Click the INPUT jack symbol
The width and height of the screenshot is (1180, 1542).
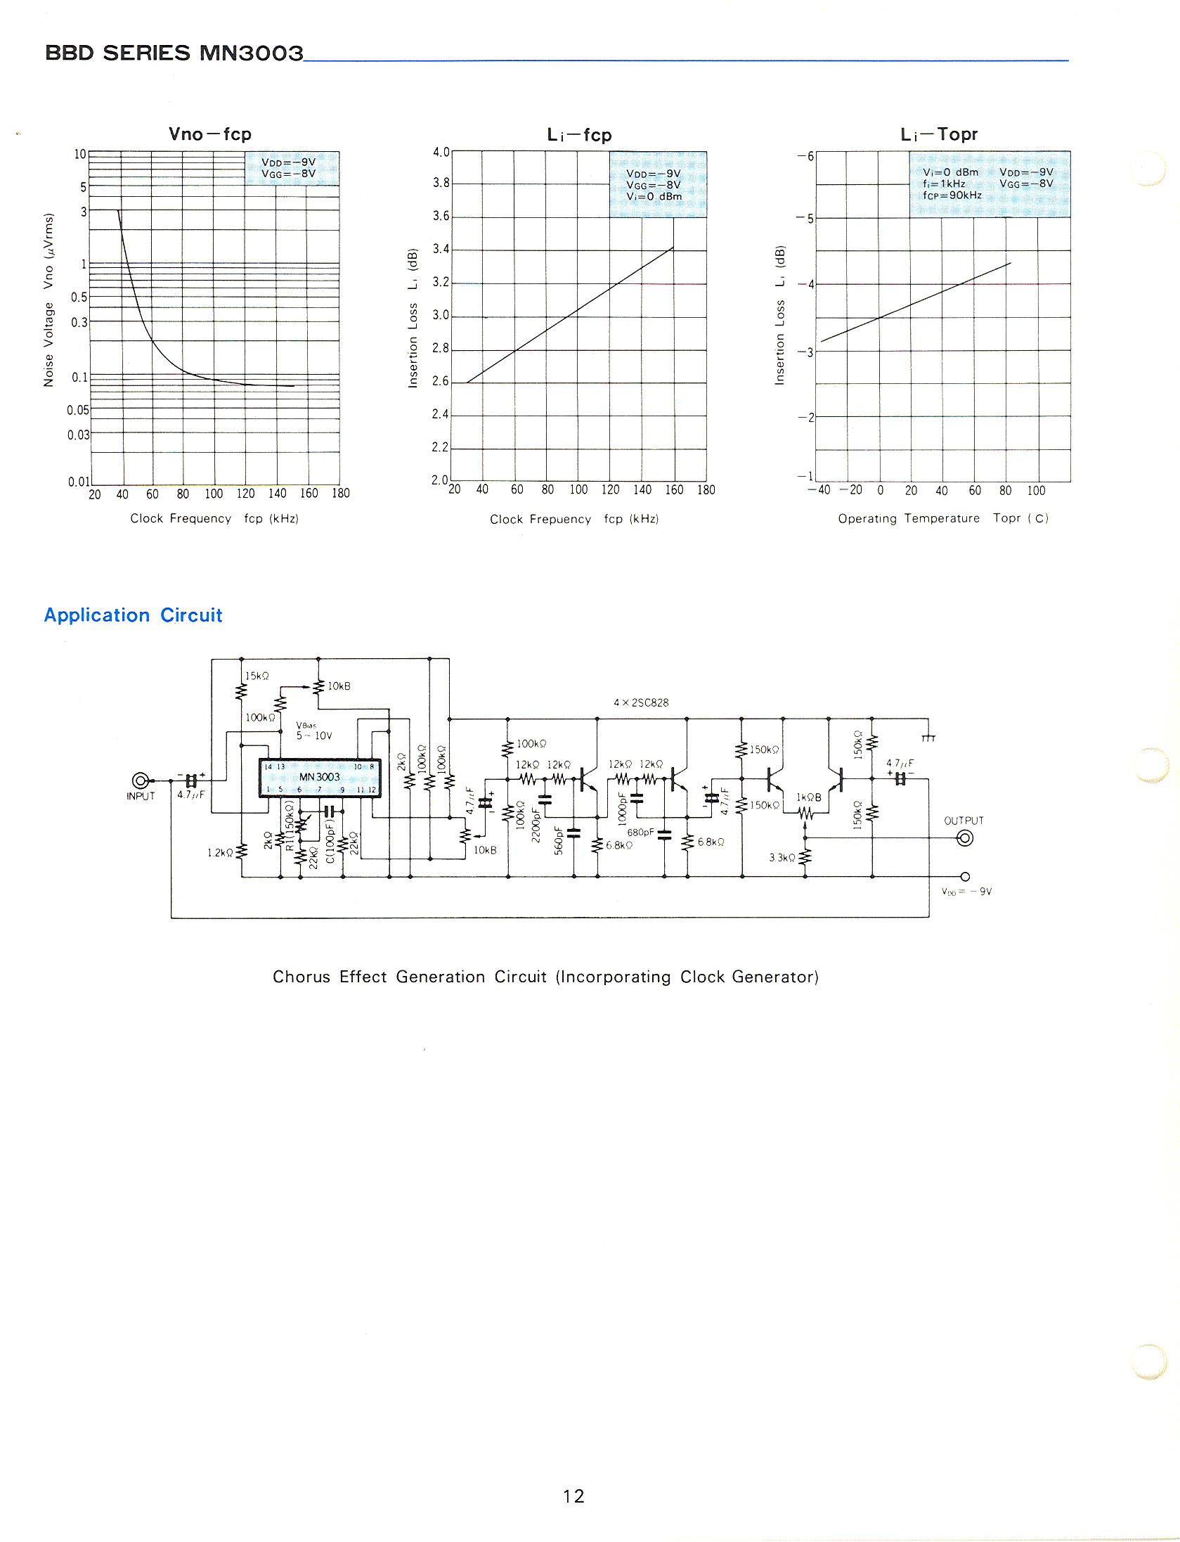tap(141, 780)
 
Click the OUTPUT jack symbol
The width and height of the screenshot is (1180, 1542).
tap(966, 838)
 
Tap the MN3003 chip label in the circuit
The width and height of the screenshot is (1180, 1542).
tap(319, 777)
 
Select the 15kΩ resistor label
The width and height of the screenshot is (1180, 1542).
tap(257, 676)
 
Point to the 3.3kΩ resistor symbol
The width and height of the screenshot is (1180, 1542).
tap(805, 857)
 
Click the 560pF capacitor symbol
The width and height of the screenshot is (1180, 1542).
tap(574, 833)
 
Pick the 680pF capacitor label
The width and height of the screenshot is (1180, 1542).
tap(640, 833)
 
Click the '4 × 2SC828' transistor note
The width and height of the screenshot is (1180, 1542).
tap(641, 702)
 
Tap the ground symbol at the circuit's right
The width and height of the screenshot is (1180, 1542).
tap(928, 736)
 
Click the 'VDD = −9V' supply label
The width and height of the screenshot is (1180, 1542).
tap(966, 892)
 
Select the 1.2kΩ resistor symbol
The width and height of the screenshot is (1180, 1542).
tap(242, 852)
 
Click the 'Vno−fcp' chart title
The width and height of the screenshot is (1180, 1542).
tap(209, 134)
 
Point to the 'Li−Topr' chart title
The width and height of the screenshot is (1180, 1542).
tap(939, 134)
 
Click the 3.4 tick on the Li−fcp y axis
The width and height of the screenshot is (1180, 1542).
tap(441, 249)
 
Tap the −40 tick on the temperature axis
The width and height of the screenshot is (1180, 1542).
tap(819, 490)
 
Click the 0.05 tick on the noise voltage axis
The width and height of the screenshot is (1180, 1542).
tap(78, 410)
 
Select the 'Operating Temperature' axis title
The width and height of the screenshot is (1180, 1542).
tap(908, 518)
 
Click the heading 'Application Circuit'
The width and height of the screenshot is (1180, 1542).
tap(133, 615)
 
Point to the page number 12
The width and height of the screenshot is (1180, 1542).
tap(573, 1496)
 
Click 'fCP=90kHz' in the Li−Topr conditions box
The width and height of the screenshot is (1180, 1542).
tap(952, 195)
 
